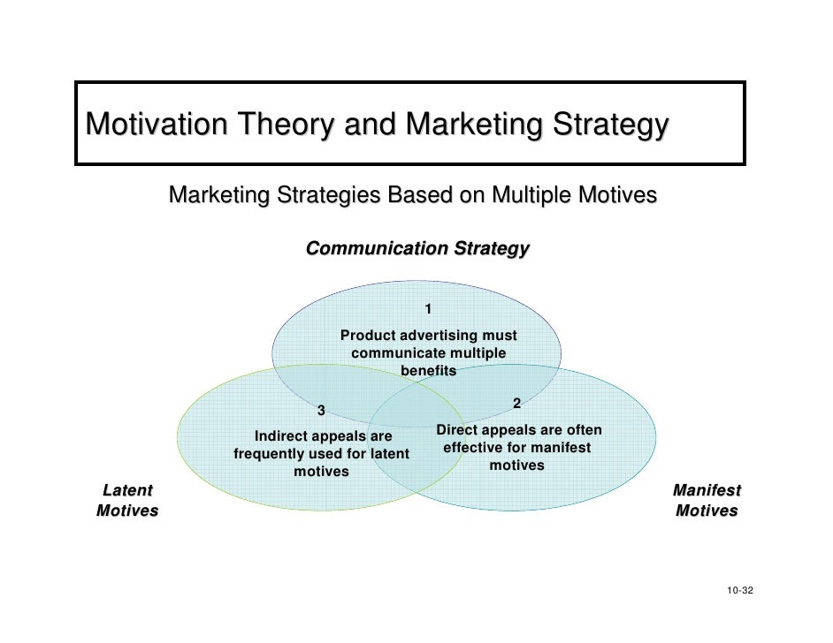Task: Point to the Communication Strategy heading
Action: (417, 249)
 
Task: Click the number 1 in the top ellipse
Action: (428, 309)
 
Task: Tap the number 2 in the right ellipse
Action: (517, 404)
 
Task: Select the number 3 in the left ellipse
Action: (322, 411)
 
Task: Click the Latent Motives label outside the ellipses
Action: (126, 500)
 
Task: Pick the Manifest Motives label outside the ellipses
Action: (707, 500)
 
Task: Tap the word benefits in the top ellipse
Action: (429, 371)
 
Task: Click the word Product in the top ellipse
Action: (369, 336)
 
